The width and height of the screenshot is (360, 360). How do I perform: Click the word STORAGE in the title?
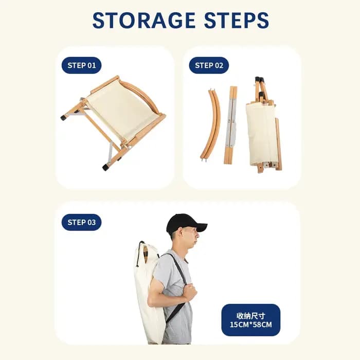click(144, 20)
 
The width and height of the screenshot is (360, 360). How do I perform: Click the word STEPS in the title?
click(237, 20)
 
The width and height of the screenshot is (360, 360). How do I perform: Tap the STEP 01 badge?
click(81, 65)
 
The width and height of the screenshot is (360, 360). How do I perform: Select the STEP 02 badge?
click(209, 65)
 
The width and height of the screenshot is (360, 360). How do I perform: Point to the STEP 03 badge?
click(81, 222)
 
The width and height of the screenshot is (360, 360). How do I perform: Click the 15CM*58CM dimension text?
click(251, 325)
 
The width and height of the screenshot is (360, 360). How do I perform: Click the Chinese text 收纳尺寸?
click(251, 316)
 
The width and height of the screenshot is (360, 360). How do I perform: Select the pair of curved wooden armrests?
click(210, 124)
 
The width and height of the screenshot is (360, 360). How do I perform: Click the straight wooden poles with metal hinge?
click(231, 125)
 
